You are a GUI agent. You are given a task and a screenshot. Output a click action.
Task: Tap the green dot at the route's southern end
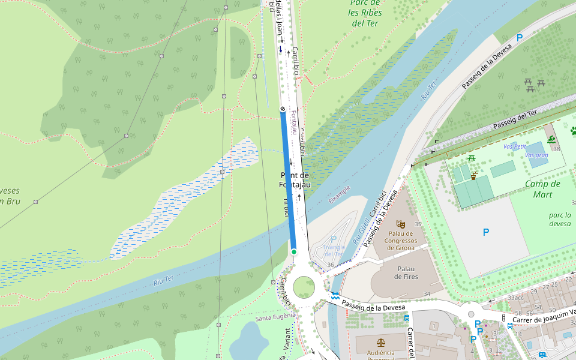click(294, 251)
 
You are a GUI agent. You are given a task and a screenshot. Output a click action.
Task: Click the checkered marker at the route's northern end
click(283, 109)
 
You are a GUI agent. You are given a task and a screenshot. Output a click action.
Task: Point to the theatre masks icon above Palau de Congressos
click(401, 224)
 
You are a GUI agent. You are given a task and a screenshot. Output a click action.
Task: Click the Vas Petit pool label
click(514, 146)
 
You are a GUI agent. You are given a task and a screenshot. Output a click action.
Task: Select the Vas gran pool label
click(536, 155)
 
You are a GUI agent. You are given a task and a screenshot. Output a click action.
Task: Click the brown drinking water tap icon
click(475, 176)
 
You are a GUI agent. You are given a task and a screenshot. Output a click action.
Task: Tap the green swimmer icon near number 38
click(551, 140)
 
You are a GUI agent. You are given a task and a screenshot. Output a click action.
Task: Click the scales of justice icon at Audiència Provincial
click(380, 341)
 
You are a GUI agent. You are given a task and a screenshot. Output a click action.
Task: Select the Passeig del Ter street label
click(514, 121)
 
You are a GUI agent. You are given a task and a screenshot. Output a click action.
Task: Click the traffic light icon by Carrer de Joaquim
click(503, 317)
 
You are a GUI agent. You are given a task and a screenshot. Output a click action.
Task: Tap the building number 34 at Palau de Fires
click(427, 293)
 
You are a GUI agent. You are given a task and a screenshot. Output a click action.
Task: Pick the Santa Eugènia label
click(275, 317)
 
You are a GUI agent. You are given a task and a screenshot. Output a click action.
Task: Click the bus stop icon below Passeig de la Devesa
click(407, 318)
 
